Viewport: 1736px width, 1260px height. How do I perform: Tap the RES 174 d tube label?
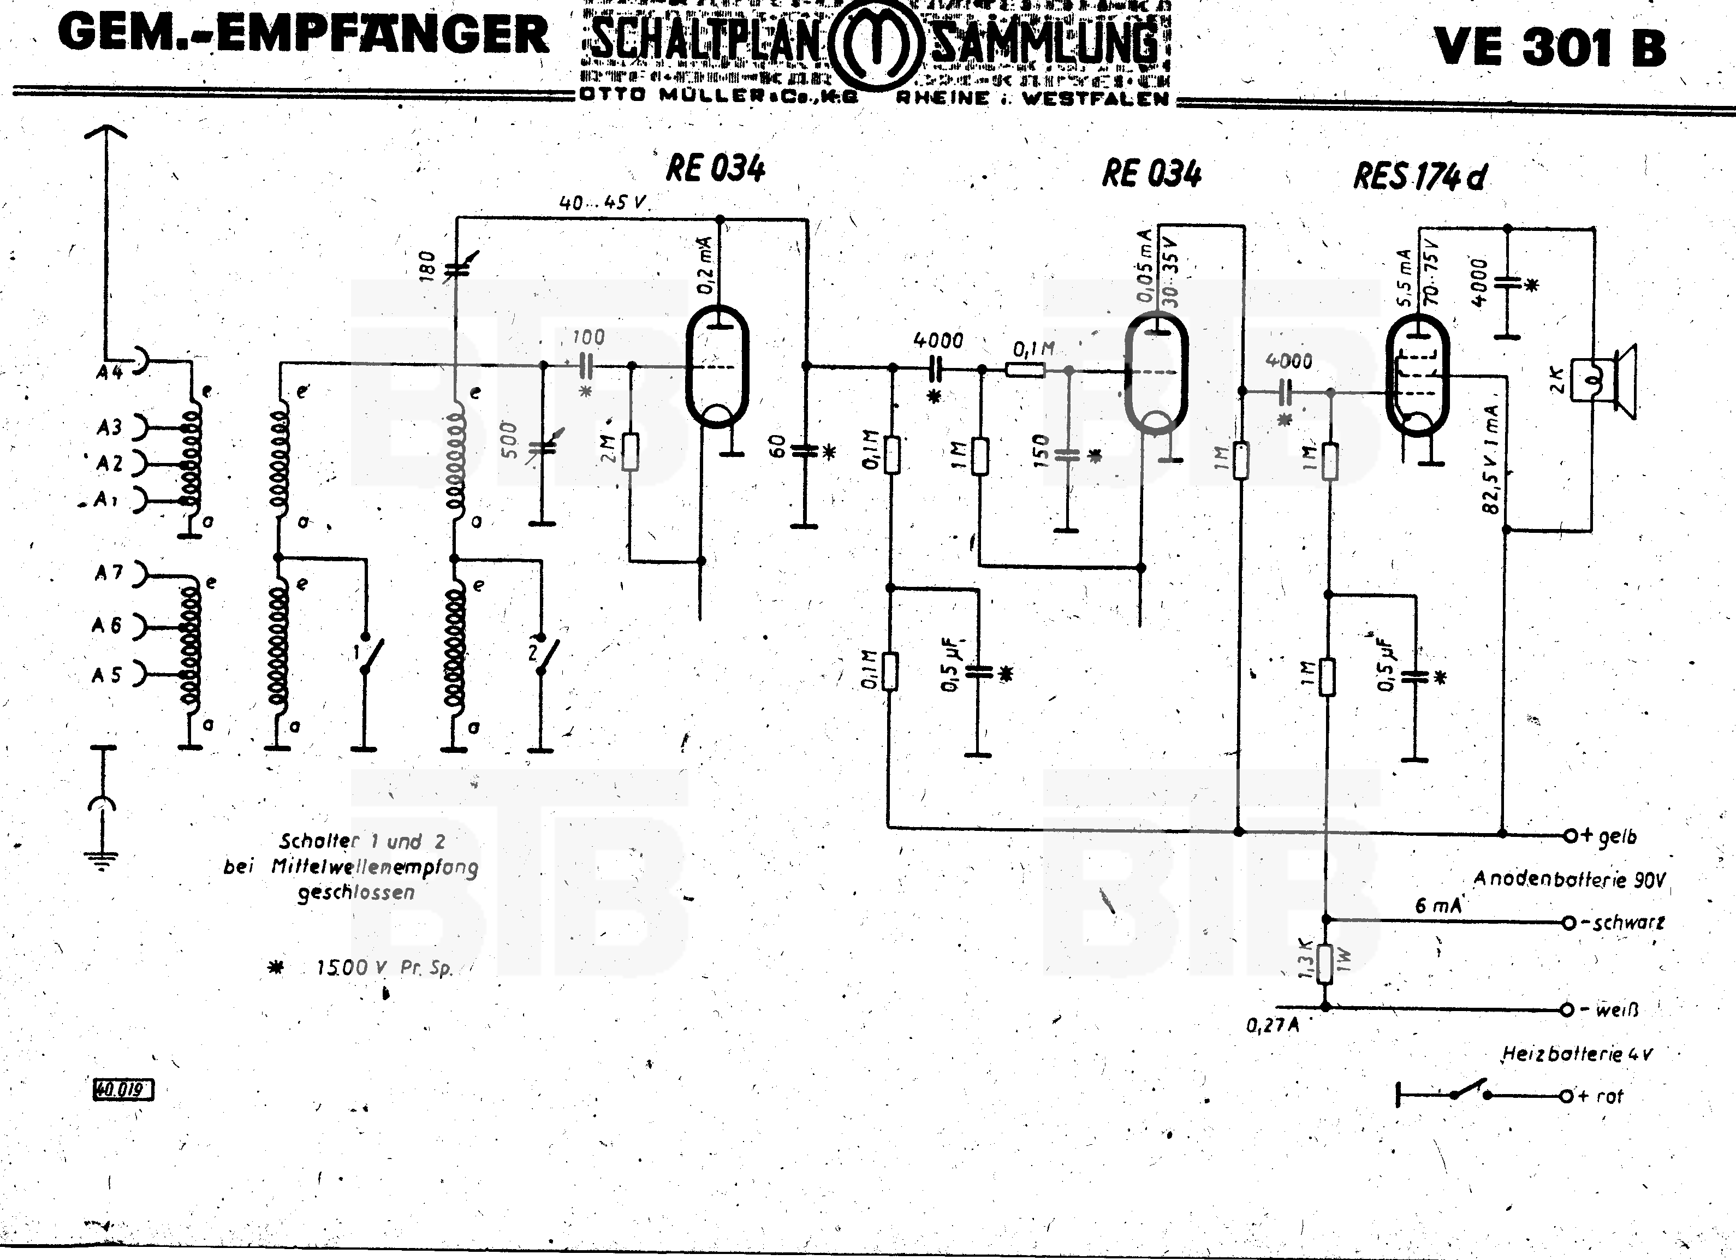1420,177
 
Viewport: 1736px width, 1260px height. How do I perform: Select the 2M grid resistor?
630,451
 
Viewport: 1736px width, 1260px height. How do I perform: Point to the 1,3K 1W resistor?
1325,963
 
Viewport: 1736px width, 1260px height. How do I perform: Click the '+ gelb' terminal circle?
1569,835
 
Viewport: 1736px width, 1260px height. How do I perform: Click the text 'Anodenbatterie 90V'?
1569,879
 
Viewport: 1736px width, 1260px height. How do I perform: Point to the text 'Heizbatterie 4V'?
1577,1054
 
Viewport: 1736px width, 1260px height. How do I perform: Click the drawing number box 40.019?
122,1089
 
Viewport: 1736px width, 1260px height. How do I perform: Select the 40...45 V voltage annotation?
603,203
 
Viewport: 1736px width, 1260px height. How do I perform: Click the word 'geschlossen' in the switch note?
356,893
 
